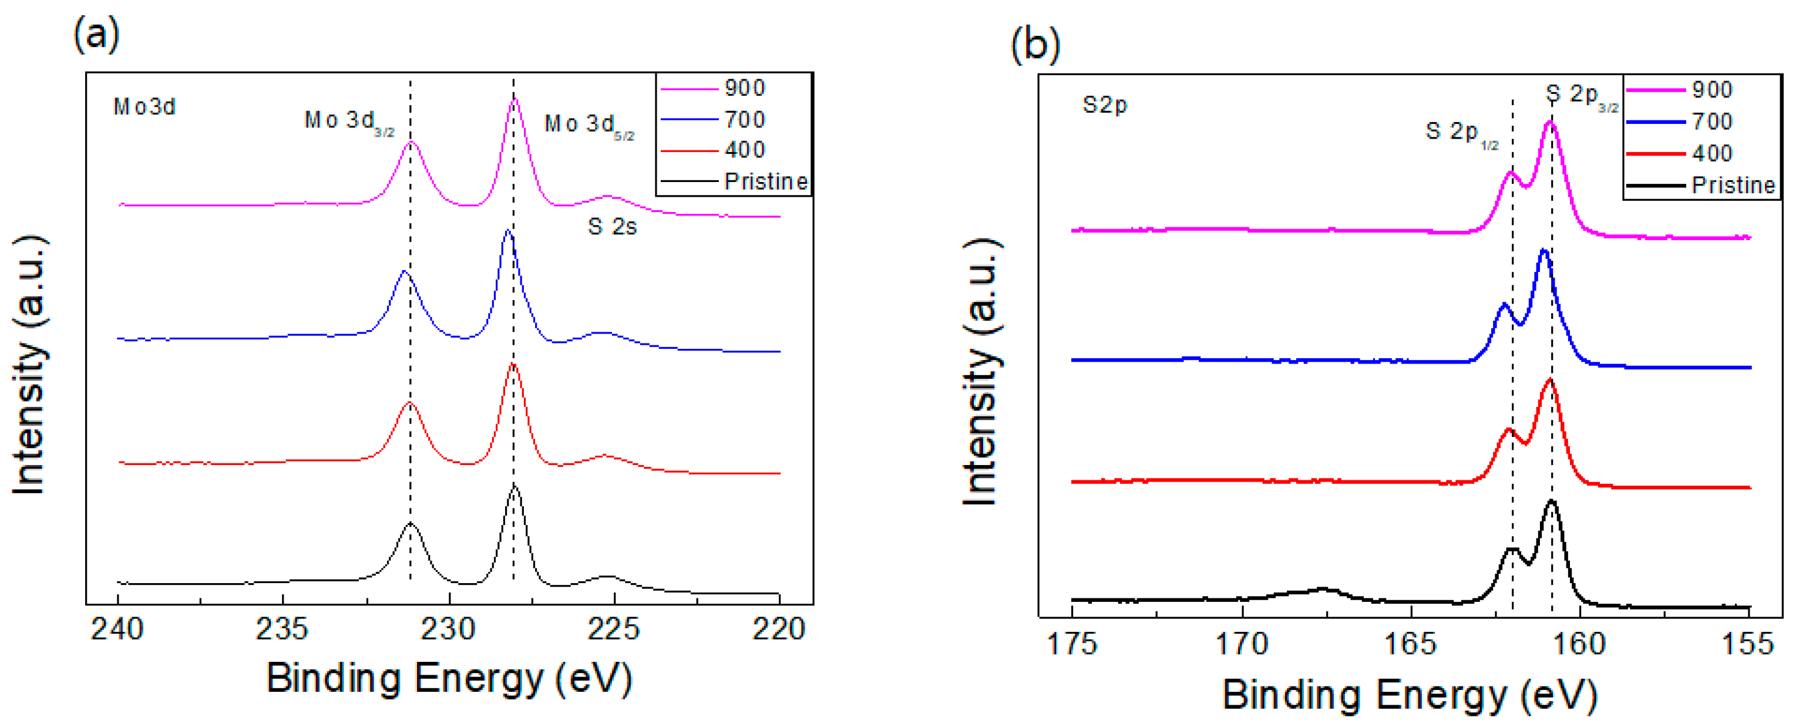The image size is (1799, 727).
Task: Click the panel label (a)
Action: click(x=96, y=33)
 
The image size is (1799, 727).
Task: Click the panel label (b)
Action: click(x=1035, y=45)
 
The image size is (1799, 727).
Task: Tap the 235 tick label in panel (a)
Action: click(x=282, y=630)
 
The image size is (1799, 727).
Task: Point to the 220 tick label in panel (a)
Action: click(x=779, y=630)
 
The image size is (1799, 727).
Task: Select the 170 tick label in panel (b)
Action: click(x=1242, y=643)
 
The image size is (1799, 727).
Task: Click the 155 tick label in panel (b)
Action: click(x=1748, y=643)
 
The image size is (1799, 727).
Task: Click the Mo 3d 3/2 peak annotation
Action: click(x=349, y=122)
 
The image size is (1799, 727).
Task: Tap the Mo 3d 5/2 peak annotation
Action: click(x=589, y=126)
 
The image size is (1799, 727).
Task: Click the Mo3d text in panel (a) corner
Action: click(x=144, y=107)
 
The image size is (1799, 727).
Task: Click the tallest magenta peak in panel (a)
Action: click(x=515, y=101)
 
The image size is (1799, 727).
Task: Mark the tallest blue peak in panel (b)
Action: click(x=1544, y=252)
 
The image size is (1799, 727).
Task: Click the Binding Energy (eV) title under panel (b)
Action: click(x=1410, y=695)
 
